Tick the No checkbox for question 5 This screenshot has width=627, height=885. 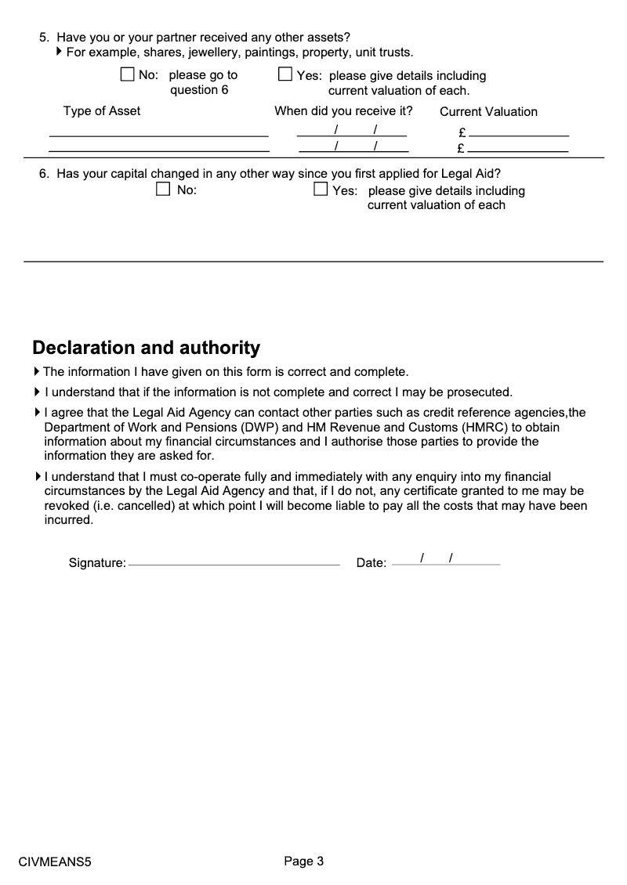click(128, 75)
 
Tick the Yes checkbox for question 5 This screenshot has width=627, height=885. click(285, 75)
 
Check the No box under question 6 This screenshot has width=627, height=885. click(163, 190)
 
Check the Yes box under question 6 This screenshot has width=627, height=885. click(321, 190)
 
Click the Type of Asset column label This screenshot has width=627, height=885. click(102, 111)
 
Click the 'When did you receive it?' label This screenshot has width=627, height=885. click(343, 111)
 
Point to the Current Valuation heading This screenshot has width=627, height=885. click(488, 112)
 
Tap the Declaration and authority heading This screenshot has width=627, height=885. click(146, 348)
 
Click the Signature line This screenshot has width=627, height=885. click(234, 563)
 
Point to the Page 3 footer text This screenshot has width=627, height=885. click(303, 862)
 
